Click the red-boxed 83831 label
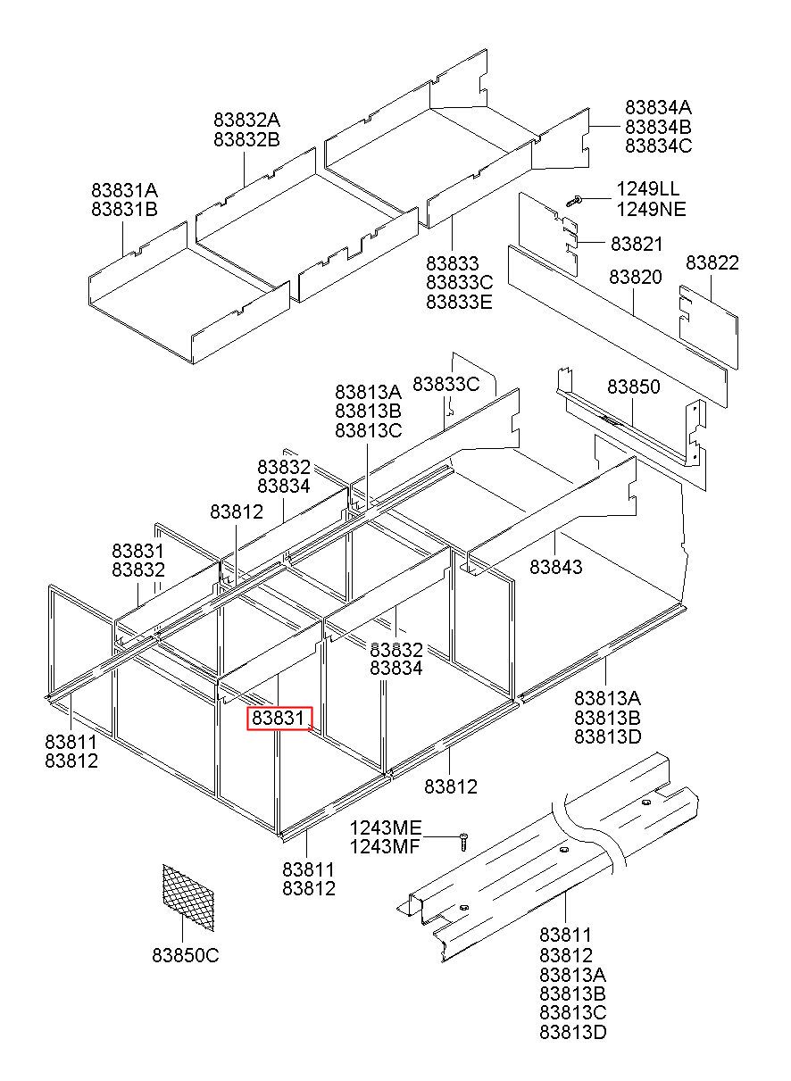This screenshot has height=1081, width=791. click(x=279, y=718)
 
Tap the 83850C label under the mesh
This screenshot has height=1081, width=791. click(x=185, y=955)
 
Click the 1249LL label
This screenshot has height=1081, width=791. click(x=647, y=190)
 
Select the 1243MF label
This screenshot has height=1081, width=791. click(x=384, y=847)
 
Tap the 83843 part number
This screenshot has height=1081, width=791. click(x=555, y=567)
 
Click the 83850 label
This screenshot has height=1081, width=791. click(x=633, y=387)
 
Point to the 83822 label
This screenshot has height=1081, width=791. click(x=712, y=262)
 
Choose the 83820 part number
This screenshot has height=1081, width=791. click(x=636, y=277)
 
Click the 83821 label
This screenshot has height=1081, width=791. click(x=637, y=244)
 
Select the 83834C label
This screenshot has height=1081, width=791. click(x=658, y=146)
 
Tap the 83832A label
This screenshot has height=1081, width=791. click(x=246, y=120)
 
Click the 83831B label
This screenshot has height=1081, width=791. click(x=124, y=210)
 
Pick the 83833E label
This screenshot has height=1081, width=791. click(x=459, y=302)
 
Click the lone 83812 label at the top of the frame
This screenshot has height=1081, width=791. click(x=237, y=511)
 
